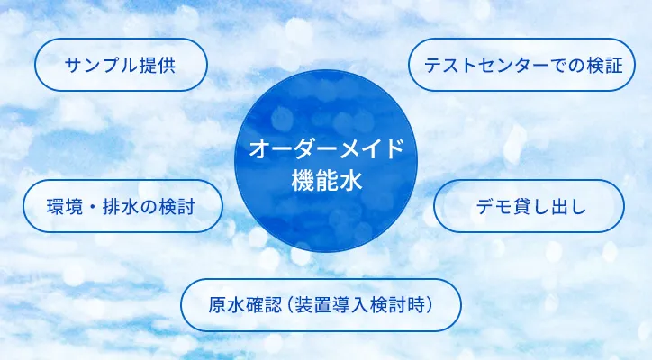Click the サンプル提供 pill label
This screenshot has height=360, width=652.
[x=121, y=65]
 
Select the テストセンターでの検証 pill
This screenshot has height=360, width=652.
[x=521, y=65]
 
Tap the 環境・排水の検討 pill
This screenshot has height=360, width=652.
[x=122, y=206]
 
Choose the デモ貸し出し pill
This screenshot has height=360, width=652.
[x=529, y=206]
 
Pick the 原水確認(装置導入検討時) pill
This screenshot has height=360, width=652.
[x=321, y=305]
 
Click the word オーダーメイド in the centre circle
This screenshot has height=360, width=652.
[x=326, y=148]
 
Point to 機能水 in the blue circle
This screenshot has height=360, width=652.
[x=326, y=181]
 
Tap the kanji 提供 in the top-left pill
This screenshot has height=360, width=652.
[x=158, y=66]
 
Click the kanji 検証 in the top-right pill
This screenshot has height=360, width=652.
[x=605, y=66]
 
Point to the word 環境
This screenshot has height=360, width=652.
[x=65, y=207]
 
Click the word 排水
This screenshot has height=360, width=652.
[x=120, y=207]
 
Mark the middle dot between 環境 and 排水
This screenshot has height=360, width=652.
[x=93, y=207]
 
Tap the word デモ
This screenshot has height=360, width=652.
[x=494, y=207]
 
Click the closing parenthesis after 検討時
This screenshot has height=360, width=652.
[x=430, y=305]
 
